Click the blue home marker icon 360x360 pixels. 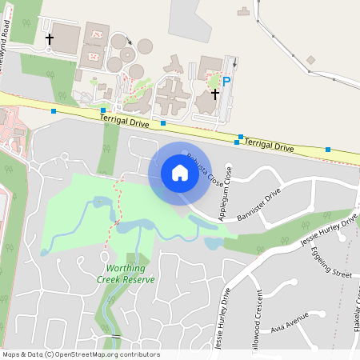[x=179, y=172]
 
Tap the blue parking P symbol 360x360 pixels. [x=226, y=81]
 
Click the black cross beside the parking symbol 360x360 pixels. [x=214, y=94]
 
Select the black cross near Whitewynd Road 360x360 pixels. [x=50, y=38]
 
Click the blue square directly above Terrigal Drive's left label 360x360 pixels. [x=103, y=110]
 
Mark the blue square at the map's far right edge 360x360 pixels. [x=328, y=149]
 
